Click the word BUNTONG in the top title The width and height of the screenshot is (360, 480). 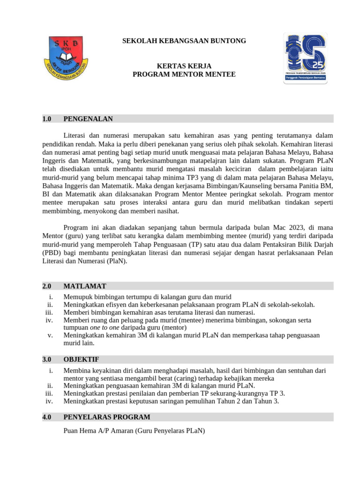(x=227, y=41)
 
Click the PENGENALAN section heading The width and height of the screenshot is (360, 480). (x=88, y=119)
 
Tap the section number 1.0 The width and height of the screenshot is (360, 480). (x=46, y=119)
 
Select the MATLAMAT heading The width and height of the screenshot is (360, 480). (x=85, y=286)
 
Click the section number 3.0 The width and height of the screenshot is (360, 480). (x=46, y=360)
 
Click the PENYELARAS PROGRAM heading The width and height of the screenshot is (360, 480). (x=107, y=417)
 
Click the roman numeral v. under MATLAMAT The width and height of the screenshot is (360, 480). (x=50, y=335)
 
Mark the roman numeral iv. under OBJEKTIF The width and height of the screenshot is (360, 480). (x=49, y=401)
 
